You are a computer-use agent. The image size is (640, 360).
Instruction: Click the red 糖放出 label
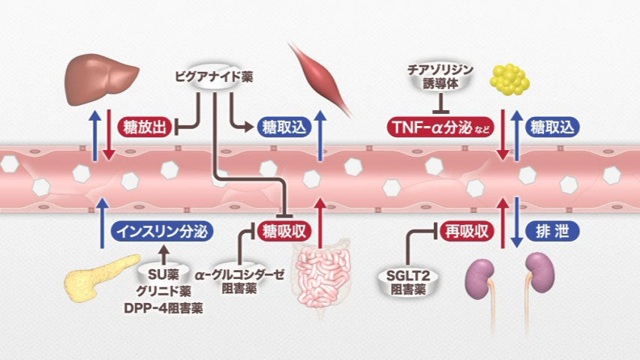click(x=143, y=127)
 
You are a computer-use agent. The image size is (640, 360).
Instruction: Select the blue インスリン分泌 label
click(x=158, y=231)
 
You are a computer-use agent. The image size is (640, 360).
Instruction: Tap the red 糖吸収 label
click(x=283, y=231)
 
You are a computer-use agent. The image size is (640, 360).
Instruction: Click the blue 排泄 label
click(x=551, y=231)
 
